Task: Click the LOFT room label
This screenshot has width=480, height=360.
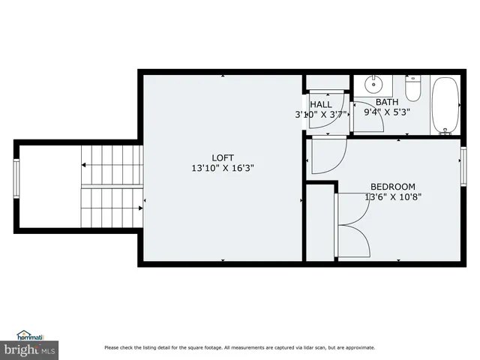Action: point(223,157)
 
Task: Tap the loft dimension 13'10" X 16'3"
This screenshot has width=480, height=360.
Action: point(223,169)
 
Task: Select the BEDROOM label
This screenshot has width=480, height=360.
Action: point(392,187)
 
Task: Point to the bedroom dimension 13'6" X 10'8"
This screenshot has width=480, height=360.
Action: point(392,198)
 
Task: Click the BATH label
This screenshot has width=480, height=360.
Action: point(387,103)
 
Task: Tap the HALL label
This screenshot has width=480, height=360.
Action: point(321,104)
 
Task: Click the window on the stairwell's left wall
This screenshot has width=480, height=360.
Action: point(16,180)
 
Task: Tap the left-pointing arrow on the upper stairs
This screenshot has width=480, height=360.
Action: point(85,164)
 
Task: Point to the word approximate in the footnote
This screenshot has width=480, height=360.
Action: point(357,347)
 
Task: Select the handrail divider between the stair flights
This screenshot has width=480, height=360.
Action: point(111,186)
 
